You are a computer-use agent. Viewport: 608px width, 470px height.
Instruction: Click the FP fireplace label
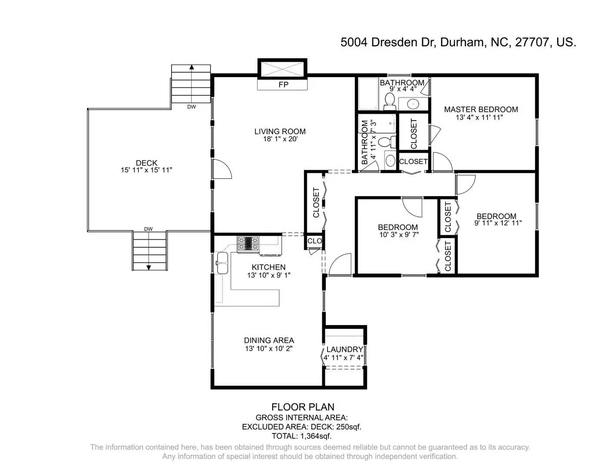pyautogui.click(x=283, y=85)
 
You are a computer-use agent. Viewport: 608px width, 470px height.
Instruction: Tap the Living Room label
pyautogui.click(x=280, y=131)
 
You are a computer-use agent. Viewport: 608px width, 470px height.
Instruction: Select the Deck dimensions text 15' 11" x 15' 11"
pyautogui.click(x=147, y=170)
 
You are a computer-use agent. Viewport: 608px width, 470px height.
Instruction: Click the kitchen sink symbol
pyautogui.click(x=223, y=263)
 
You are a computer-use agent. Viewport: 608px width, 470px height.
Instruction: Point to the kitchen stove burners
pyautogui.click(x=248, y=242)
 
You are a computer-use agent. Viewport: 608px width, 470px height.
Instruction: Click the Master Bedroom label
pyautogui.click(x=481, y=109)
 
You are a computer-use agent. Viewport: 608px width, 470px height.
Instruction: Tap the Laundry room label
pyautogui.click(x=344, y=349)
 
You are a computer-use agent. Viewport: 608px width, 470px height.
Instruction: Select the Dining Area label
pyautogui.click(x=269, y=340)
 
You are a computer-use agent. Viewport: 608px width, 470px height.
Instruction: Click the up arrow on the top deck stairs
pyautogui.click(x=191, y=67)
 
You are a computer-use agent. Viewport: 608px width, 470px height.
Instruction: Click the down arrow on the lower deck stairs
pyautogui.click(x=149, y=267)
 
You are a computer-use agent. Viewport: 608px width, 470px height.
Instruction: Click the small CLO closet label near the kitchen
pyautogui.click(x=314, y=241)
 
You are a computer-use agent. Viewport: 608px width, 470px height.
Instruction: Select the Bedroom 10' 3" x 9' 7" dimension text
pyautogui.click(x=398, y=235)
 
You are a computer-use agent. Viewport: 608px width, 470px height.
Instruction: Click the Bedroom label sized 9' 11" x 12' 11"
pyautogui.click(x=496, y=216)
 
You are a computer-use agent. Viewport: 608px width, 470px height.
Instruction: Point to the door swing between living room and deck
pyautogui.click(x=222, y=169)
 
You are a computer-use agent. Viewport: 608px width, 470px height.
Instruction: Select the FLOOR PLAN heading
pyautogui.click(x=303, y=407)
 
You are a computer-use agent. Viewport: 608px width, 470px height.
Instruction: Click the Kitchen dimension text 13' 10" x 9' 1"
pyautogui.click(x=268, y=275)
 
